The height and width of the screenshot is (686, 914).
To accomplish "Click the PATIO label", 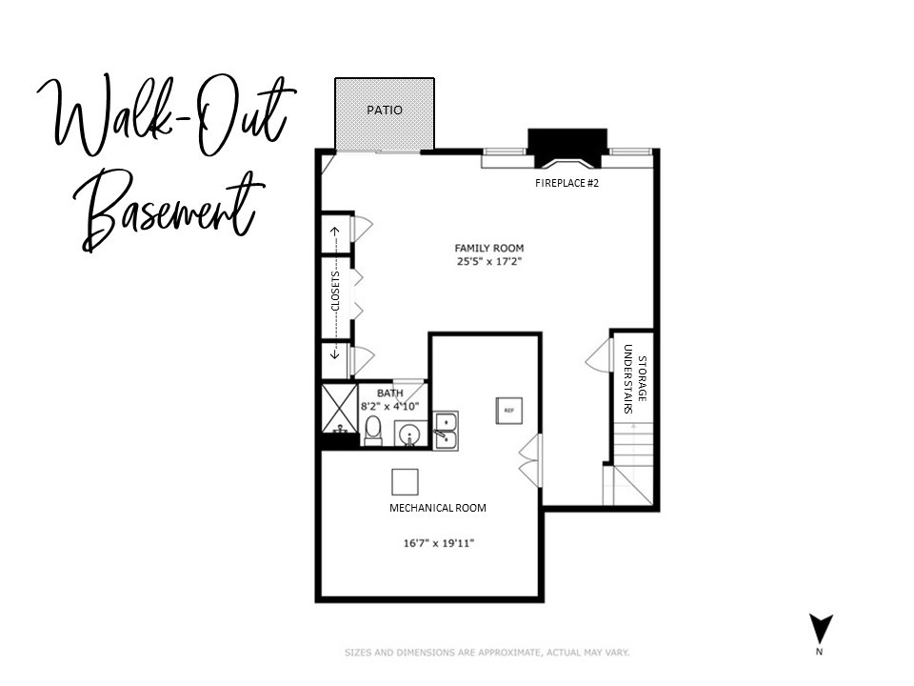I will pos(385,111).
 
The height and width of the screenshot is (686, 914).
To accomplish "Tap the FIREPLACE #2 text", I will pos(566,183).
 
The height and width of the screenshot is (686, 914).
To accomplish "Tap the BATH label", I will pos(389,393).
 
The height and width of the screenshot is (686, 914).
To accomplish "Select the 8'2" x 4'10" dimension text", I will pos(389,406).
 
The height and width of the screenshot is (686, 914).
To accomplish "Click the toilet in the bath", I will pos(373,431).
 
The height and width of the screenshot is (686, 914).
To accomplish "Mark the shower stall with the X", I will pos(339,408).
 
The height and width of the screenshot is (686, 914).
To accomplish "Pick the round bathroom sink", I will pos(410,434).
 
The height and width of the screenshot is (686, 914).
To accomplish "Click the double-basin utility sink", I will pos(445,430).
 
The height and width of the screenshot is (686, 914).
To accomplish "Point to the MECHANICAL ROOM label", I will pos(437,508).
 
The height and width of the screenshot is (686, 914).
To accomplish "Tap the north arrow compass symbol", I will pos(820,631).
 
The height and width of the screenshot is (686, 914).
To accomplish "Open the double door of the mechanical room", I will pos(531,460).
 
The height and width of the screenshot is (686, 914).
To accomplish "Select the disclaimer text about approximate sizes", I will pos(487,653).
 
